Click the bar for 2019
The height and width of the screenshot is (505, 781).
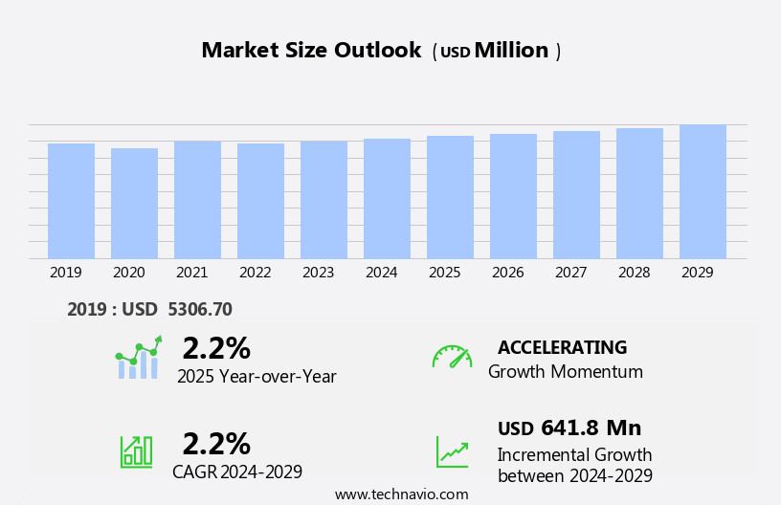coord(71,201)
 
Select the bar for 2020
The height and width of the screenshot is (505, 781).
coord(134,203)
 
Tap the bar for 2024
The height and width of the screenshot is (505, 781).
coord(387,198)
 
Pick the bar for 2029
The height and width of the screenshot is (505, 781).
coord(703,191)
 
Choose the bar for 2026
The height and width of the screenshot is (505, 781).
coord(513,196)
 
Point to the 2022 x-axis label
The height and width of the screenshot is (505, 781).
coord(255,273)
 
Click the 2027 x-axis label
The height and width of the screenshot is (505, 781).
coord(570,273)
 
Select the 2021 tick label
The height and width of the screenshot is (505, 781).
coord(191,273)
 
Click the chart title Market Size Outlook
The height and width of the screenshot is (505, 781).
coord(311,51)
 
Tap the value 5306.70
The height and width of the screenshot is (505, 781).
coord(199,310)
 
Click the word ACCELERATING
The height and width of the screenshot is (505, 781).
coord(562,348)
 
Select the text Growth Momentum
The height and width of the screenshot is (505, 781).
coord(565,372)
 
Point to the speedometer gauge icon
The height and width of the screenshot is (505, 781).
coord(452,357)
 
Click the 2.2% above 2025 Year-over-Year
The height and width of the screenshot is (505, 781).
coord(216,348)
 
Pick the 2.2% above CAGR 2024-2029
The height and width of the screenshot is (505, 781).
coord(216,444)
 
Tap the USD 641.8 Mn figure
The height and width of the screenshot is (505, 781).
coord(569,428)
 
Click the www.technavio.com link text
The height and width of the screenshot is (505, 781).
coord(401,494)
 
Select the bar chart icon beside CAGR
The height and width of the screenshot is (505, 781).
coord(136,450)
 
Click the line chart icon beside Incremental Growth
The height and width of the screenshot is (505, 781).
coord(452,451)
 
